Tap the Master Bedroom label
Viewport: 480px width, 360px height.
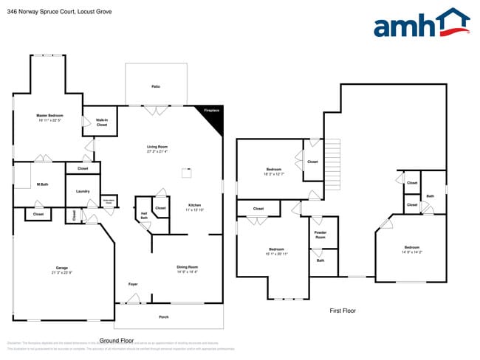(x=50, y=118)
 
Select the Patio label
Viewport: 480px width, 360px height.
(x=156, y=87)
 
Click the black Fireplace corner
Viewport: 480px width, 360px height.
(x=212, y=116)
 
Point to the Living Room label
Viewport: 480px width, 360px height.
(x=157, y=149)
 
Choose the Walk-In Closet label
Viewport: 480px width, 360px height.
(x=102, y=122)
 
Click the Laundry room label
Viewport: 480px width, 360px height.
(x=83, y=191)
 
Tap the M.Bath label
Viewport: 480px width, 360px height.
(x=42, y=184)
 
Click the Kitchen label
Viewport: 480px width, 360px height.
(x=194, y=207)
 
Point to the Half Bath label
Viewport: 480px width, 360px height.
(x=144, y=216)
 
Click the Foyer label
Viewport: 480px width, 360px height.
(x=133, y=284)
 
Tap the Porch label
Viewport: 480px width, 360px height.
(x=164, y=318)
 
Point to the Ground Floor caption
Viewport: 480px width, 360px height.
(x=116, y=341)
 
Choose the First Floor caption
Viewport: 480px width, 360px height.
(x=343, y=311)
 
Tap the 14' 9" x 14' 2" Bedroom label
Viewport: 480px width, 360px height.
(x=411, y=249)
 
